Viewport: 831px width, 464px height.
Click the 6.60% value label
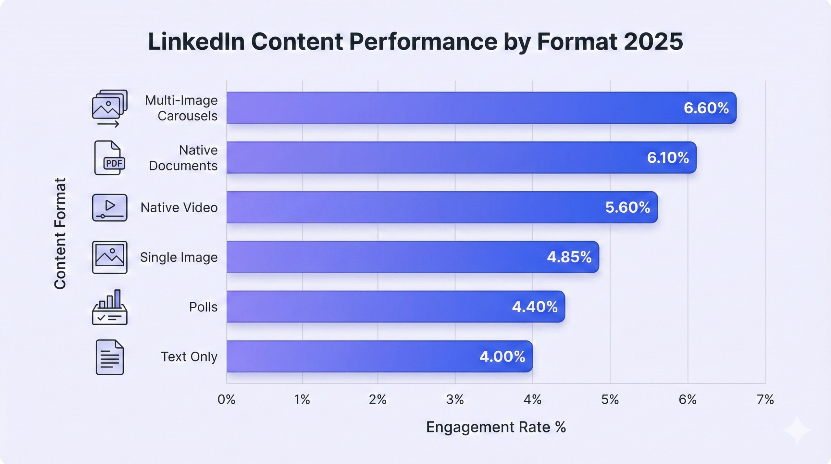click(x=706, y=108)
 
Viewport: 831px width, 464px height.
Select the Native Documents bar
click(x=461, y=157)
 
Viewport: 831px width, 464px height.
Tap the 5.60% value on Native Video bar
click(x=627, y=207)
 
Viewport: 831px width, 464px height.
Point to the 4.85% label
click(x=569, y=257)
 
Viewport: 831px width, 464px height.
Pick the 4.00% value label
click(x=502, y=357)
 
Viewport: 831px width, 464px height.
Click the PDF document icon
click(x=109, y=158)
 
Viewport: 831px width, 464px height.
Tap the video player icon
click(x=109, y=207)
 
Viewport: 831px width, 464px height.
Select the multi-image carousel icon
click(x=109, y=108)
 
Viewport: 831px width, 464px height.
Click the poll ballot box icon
click(x=109, y=307)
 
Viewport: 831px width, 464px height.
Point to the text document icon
click(x=109, y=357)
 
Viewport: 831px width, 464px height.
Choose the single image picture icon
click(x=109, y=257)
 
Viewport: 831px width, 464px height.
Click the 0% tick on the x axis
click(x=226, y=400)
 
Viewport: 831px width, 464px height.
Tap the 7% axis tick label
click(x=765, y=400)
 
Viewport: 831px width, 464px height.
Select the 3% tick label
click(x=455, y=400)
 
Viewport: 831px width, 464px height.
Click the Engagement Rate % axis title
click(x=496, y=427)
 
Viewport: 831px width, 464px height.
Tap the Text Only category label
click(x=189, y=357)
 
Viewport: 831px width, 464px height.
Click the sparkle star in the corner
click(x=797, y=430)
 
